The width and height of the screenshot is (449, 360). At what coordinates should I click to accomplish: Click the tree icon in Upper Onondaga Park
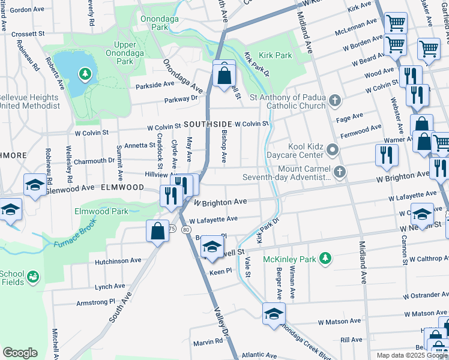85,74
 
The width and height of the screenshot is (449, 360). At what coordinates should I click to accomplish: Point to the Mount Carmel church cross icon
340,172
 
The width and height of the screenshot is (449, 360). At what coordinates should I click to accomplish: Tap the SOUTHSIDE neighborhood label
208,124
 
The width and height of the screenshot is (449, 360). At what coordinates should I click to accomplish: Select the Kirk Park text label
276,55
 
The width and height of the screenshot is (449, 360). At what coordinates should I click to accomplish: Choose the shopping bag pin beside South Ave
157,232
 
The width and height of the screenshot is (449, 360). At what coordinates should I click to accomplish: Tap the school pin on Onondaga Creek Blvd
274,314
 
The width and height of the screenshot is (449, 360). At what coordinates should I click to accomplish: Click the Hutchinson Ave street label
118,261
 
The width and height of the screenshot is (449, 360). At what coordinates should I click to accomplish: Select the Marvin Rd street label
208,342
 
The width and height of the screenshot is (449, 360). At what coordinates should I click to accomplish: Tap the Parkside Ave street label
155,85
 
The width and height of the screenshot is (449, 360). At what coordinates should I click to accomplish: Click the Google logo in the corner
20,353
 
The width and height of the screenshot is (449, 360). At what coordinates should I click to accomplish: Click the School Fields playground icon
33,277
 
